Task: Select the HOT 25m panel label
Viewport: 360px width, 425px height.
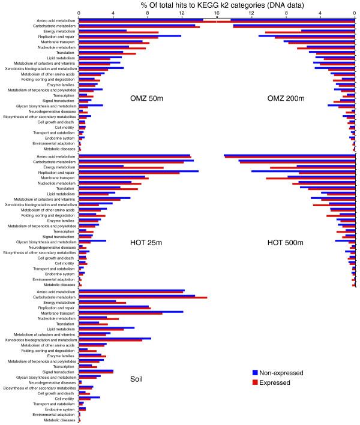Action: pyautogui.click(x=146, y=243)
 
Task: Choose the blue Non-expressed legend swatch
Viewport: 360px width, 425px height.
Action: pyautogui.click(x=255, y=372)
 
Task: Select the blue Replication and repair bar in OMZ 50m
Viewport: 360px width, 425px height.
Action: pyautogui.click(x=129, y=36)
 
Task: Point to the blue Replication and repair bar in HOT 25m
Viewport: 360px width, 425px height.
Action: pyautogui.click(x=138, y=171)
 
